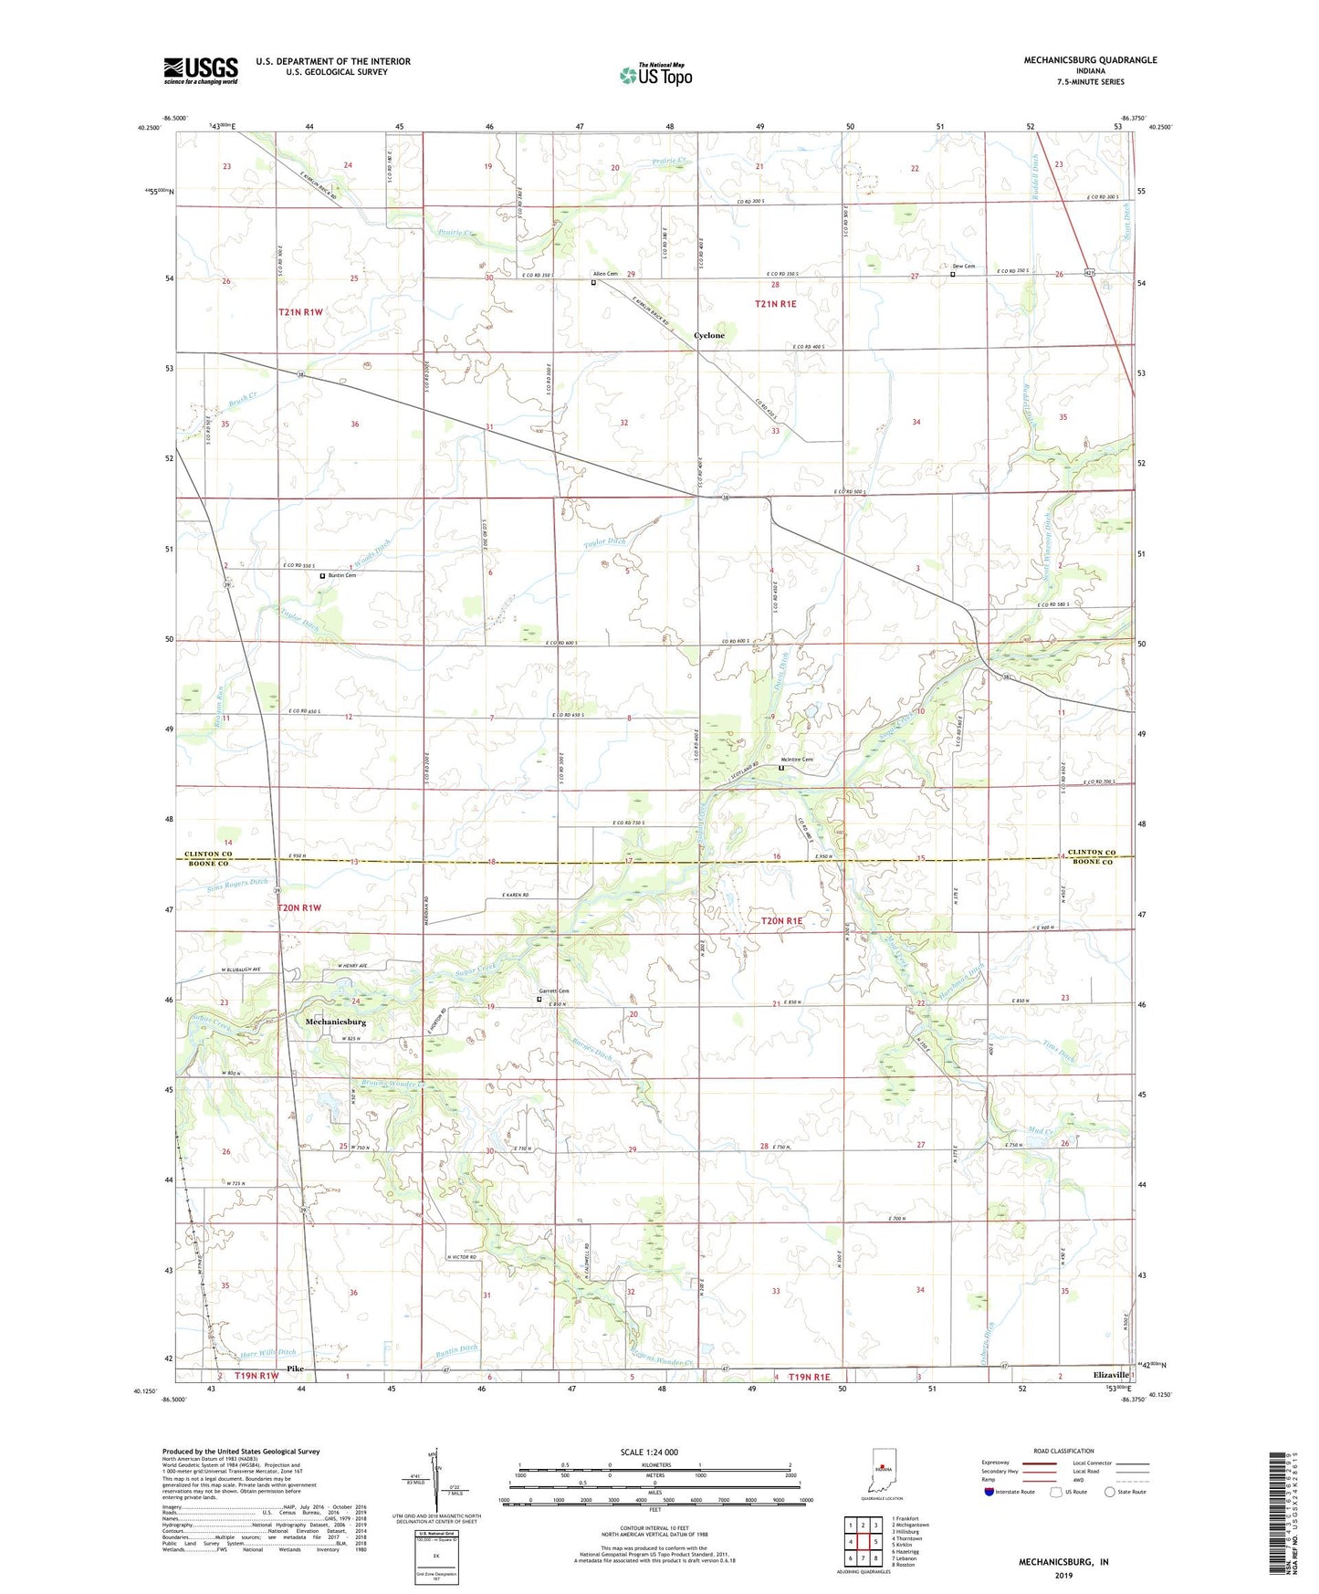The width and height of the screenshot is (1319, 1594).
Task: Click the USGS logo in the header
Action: click(201, 70)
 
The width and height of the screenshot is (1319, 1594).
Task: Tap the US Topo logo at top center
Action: click(654, 75)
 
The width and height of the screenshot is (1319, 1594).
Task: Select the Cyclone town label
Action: click(709, 336)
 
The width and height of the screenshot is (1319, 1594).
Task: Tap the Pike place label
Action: click(294, 1369)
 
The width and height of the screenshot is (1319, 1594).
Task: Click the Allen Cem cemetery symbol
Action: click(593, 283)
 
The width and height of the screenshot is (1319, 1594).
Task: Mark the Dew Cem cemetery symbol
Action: click(953, 274)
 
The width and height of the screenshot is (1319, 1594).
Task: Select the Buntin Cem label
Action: click(341, 575)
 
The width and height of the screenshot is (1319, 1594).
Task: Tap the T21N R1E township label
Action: click(775, 304)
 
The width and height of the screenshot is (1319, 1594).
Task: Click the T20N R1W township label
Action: click(300, 907)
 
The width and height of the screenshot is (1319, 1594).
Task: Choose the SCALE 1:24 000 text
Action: click(659, 1452)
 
